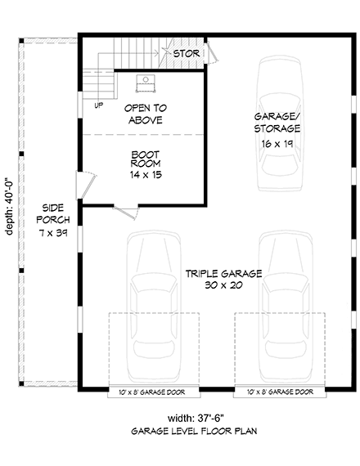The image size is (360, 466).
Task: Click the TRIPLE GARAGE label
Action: pyautogui.click(x=218, y=274)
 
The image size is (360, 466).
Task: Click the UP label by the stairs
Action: pyautogui.click(x=98, y=105)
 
